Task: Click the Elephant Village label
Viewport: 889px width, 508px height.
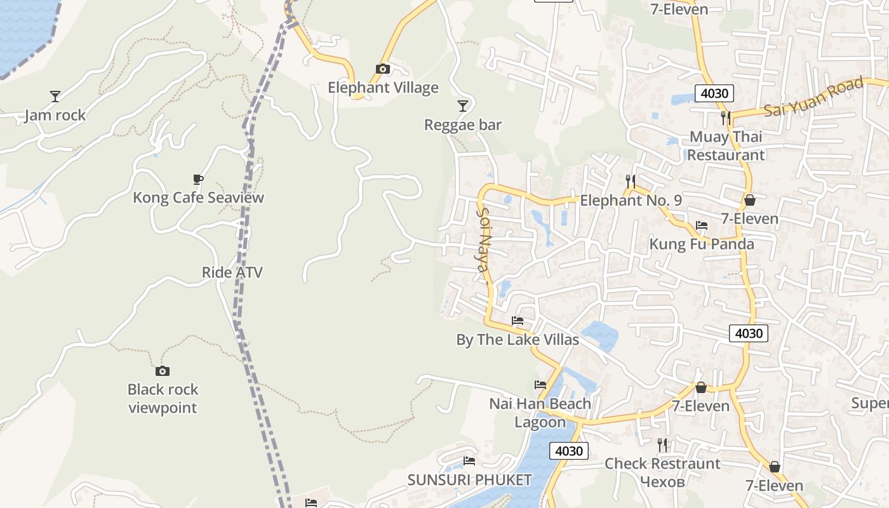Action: point(383,88)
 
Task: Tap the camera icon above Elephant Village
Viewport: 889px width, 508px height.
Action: point(382,69)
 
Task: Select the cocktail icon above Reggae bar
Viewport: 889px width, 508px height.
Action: point(463,106)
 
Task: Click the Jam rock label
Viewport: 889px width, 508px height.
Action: point(55,116)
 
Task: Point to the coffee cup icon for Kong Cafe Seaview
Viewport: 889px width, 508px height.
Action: point(198,179)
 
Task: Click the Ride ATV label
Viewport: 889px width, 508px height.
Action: point(232,272)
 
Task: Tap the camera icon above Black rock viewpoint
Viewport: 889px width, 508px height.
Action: point(163,371)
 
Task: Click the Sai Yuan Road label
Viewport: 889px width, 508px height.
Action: point(814,97)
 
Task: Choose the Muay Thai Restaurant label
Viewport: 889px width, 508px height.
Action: point(726,146)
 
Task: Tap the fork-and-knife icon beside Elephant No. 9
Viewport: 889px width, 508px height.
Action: point(630,182)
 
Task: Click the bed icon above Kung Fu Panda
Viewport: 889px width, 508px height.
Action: point(702,225)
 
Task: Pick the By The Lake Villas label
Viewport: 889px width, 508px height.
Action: point(518,340)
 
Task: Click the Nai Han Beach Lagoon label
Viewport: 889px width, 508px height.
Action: point(540,413)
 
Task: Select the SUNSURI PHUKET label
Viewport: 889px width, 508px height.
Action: point(469,479)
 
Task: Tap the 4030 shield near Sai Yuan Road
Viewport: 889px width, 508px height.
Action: point(714,93)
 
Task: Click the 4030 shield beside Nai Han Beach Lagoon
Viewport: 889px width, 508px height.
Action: point(569,451)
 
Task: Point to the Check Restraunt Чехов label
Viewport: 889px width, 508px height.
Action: point(662,472)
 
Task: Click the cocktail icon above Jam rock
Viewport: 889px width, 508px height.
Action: point(55,97)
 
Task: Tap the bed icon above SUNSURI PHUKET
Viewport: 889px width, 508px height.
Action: point(469,461)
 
